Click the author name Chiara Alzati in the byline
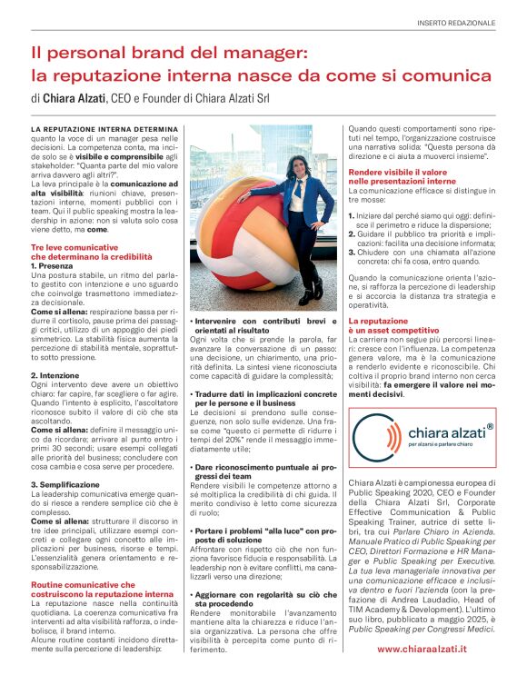tap(74, 97)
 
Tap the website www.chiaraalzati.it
tap(435, 650)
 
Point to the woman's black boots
tap(312, 290)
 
